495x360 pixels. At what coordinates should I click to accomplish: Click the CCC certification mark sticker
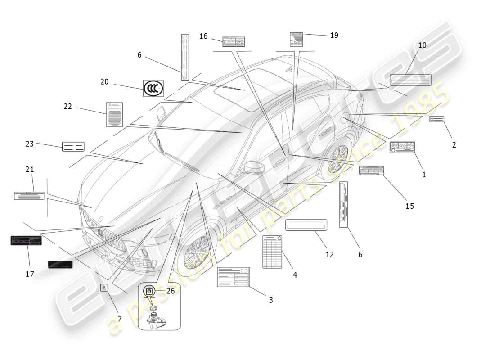pyautogui.click(x=153, y=89)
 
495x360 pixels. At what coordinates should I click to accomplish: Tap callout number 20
pyautogui.click(x=104, y=82)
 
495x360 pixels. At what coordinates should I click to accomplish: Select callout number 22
pyautogui.click(x=67, y=106)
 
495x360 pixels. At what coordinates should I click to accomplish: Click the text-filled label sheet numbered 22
pyautogui.click(x=114, y=114)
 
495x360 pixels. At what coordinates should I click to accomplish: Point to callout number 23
pyautogui.click(x=30, y=144)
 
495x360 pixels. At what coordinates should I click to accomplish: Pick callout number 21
pyautogui.click(x=30, y=170)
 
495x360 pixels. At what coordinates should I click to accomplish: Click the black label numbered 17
pyautogui.click(x=26, y=240)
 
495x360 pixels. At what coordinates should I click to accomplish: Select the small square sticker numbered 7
pyautogui.click(x=104, y=288)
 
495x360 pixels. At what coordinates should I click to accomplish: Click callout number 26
pyautogui.click(x=170, y=291)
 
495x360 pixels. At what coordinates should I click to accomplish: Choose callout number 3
pyautogui.click(x=270, y=300)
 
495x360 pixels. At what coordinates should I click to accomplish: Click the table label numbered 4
pyautogui.click(x=272, y=252)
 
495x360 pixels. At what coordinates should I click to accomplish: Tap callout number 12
pyautogui.click(x=330, y=254)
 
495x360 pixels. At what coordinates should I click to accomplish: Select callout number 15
pyautogui.click(x=409, y=206)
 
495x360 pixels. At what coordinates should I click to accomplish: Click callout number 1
pyautogui.click(x=423, y=175)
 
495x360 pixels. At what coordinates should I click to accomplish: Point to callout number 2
pyautogui.click(x=454, y=145)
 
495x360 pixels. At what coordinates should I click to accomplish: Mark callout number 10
pyautogui.click(x=422, y=45)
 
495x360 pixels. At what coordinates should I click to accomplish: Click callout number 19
pyautogui.click(x=334, y=35)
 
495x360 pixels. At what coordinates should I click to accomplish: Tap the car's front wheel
pyautogui.click(x=197, y=251)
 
